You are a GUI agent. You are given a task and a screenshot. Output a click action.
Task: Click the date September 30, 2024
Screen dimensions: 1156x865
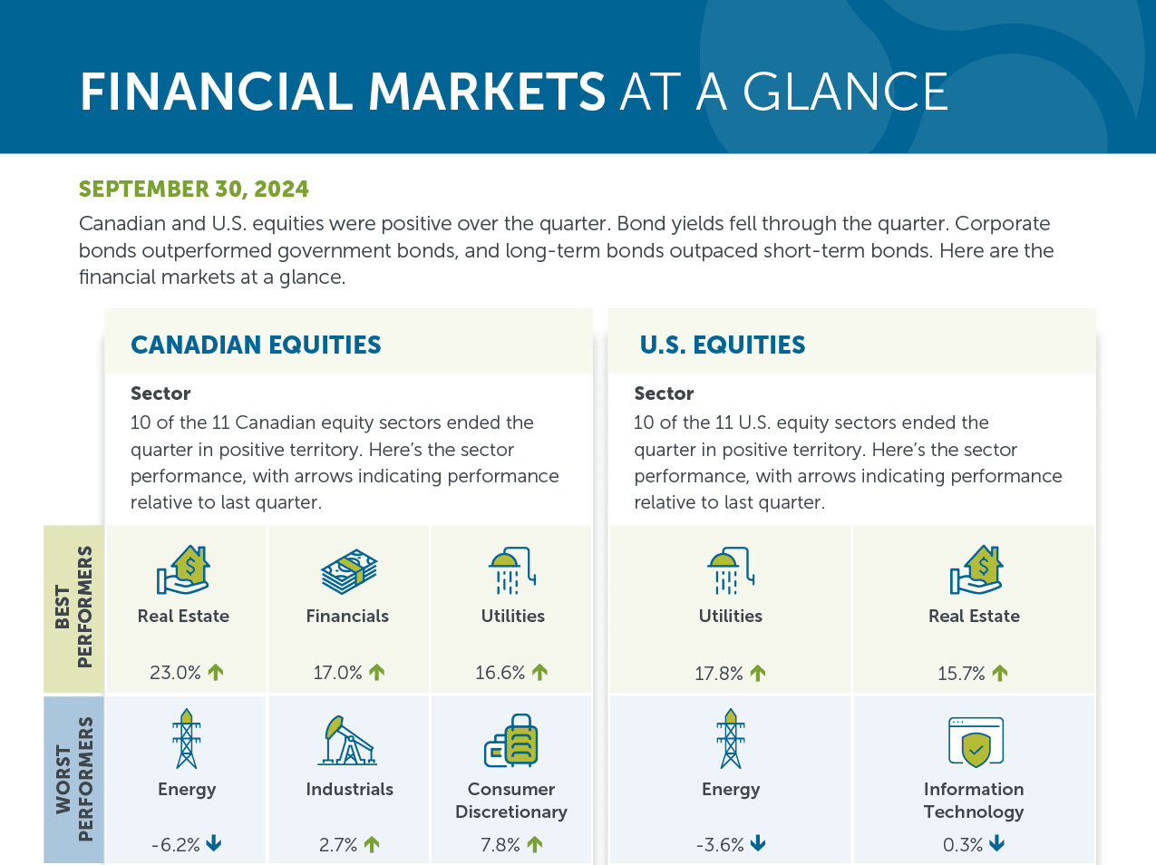[x=193, y=189]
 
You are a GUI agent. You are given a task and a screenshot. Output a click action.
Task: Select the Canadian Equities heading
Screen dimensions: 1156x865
[x=256, y=345]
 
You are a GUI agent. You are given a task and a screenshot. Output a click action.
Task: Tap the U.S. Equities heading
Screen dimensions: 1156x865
[x=722, y=345]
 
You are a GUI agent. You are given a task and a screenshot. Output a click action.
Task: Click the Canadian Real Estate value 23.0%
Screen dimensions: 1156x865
[x=175, y=672]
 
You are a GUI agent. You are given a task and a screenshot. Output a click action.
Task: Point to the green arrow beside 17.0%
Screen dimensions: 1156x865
[x=376, y=672]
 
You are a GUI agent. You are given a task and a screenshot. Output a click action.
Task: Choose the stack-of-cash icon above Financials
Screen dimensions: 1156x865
[x=349, y=572]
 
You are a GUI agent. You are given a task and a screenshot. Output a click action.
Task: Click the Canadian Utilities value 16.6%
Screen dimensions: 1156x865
[x=500, y=672]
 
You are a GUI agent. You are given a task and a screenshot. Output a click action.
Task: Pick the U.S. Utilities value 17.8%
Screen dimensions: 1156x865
[x=718, y=674]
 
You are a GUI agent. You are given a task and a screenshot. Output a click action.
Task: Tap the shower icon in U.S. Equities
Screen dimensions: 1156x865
[x=731, y=570]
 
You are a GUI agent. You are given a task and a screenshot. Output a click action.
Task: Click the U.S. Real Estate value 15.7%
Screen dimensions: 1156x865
[x=960, y=674]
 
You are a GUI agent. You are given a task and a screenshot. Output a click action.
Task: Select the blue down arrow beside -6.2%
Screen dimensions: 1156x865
[x=214, y=842]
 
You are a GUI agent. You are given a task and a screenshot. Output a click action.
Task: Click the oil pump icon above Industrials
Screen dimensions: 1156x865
[x=347, y=740]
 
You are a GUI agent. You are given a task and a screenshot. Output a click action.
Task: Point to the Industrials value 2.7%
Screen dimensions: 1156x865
[x=337, y=844]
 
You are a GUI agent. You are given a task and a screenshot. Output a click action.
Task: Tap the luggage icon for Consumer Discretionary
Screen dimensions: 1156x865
[x=510, y=740]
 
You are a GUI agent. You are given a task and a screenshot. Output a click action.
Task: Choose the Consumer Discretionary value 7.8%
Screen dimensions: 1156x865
[x=500, y=844]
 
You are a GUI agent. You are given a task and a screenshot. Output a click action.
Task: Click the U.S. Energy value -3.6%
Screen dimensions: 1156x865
[x=719, y=844]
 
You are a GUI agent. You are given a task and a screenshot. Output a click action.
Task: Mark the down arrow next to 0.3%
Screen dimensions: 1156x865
[x=996, y=843]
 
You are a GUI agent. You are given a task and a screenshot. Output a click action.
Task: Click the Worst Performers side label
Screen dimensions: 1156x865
[x=73, y=779]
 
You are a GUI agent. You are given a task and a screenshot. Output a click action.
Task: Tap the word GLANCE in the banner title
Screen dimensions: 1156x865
[x=845, y=92]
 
